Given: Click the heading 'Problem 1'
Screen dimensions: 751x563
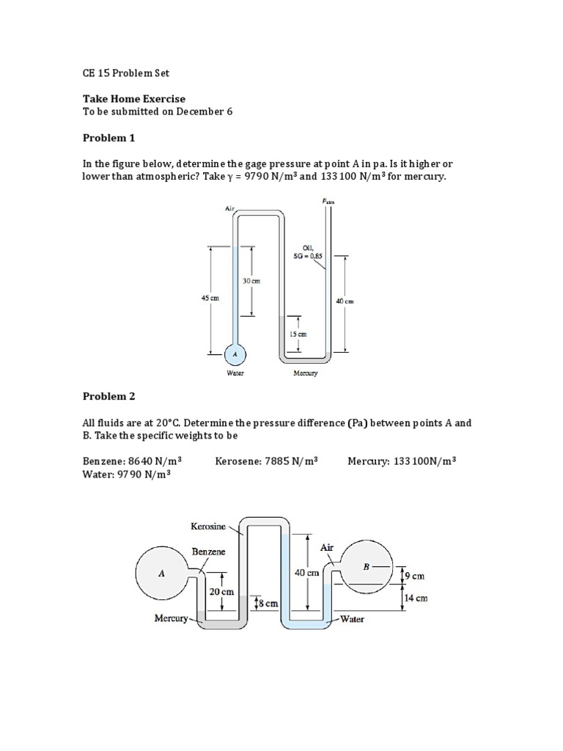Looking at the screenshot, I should (108, 138).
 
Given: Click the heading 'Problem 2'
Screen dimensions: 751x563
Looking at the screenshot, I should (108, 396).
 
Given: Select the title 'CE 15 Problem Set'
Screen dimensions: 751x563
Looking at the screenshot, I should (125, 73).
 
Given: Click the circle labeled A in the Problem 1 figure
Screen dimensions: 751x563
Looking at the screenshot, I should (235, 354).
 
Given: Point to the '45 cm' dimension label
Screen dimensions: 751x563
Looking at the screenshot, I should (210, 298).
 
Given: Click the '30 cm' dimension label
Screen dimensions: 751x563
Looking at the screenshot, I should (250, 280).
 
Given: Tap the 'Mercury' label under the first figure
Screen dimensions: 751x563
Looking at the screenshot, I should (306, 373).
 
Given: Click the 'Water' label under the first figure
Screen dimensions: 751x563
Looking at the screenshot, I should (235, 373).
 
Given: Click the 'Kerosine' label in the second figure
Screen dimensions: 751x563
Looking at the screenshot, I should (208, 527).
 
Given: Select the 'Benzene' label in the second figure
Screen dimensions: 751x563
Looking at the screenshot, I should (209, 552).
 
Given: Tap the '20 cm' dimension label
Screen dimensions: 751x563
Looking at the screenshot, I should (221, 591).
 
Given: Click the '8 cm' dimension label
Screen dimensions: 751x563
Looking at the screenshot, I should (268, 604).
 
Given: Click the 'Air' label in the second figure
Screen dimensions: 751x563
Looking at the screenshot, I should (328, 548).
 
